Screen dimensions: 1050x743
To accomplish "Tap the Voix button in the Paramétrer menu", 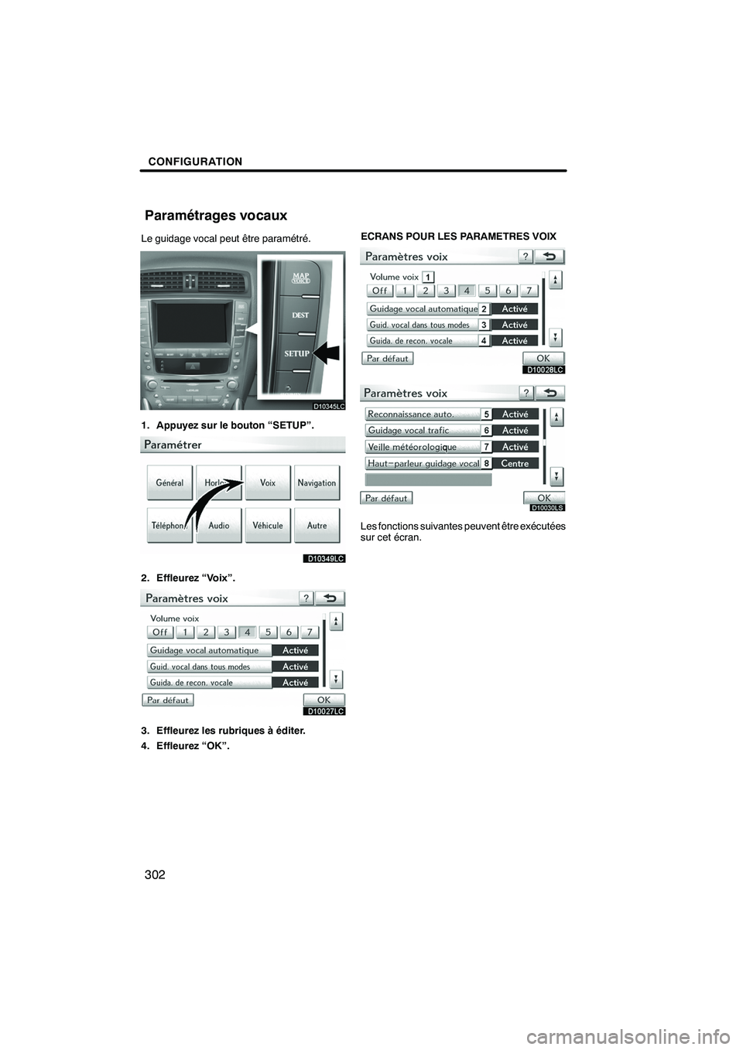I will [x=268, y=483].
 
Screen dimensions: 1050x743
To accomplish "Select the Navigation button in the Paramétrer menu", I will [x=317, y=483].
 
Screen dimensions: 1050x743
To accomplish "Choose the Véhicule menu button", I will [x=268, y=526].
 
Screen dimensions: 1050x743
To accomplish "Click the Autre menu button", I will [x=317, y=526].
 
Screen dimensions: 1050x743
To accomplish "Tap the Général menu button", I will [x=169, y=483].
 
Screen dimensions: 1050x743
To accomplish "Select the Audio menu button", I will [x=218, y=526].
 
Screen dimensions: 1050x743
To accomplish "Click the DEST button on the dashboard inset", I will [x=300, y=315].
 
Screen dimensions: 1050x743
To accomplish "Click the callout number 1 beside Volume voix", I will [x=428, y=277].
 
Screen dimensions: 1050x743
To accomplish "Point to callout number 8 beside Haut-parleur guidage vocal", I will [x=486, y=463].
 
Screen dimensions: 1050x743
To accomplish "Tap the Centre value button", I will [x=515, y=463].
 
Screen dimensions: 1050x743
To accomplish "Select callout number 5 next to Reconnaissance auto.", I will [x=486, y=414].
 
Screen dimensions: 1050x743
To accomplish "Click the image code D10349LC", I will [x=324, y=558].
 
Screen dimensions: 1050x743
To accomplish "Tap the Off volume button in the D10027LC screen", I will [x=159, y=632].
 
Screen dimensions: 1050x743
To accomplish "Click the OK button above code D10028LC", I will [x=543, y=358].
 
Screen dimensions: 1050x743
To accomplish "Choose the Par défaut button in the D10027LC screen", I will [x=168, y=700].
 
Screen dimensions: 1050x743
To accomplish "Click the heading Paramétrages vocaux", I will [x=216, y=216].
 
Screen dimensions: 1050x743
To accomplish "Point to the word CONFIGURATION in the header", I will [x=192, y=162].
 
